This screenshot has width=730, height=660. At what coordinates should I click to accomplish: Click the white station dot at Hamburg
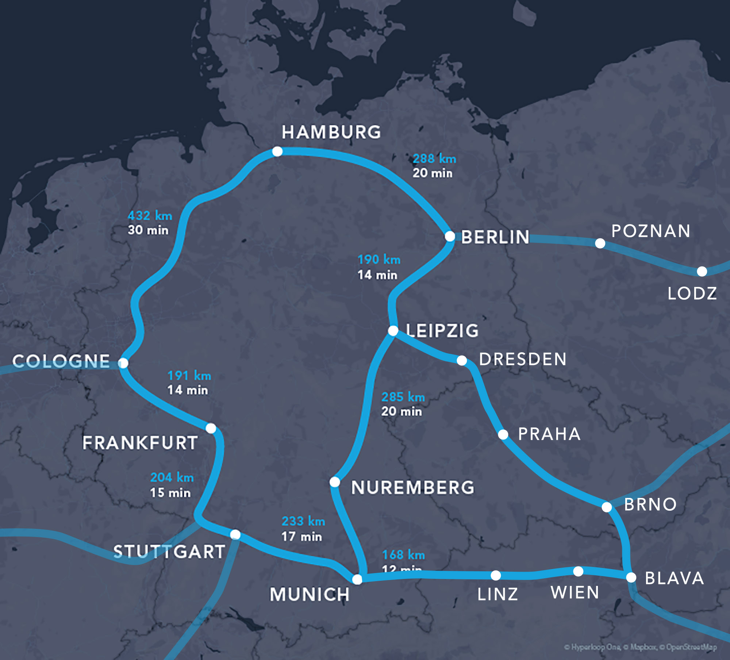coord(277,151)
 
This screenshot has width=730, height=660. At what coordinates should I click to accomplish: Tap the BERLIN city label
coord(495,237)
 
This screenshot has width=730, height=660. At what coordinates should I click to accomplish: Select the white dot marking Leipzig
coord(393,331)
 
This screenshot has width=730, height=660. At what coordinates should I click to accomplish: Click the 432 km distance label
coord(150,216)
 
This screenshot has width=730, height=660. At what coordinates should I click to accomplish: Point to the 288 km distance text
coord(434,159)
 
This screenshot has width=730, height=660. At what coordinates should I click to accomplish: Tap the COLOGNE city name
coord(61,361)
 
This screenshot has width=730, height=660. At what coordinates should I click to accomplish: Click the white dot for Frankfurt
coord(211,428)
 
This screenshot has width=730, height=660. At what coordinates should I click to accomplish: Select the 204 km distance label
coord(172,477)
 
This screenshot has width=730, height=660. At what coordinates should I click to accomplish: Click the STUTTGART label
coord(169,552)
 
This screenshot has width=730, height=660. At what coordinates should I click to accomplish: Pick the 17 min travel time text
coord(301,536)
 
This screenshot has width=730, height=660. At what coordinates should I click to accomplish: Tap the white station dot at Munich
coord(357,579)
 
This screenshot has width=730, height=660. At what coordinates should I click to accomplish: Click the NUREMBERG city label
coord(412,488)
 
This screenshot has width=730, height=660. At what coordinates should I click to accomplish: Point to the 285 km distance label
coord(403,397)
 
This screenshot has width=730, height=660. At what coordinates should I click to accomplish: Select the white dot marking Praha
coord(503,434)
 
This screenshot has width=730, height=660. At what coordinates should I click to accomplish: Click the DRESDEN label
coord(523,359)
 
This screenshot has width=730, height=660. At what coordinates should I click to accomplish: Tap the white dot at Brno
coord(607,507)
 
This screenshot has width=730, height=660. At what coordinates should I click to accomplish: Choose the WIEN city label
coord(575,592)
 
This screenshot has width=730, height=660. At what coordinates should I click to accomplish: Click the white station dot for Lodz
coord(702,271)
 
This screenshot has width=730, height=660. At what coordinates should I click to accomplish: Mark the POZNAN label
coord(651,231)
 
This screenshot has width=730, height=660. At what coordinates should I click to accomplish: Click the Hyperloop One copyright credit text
coord(592,647)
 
